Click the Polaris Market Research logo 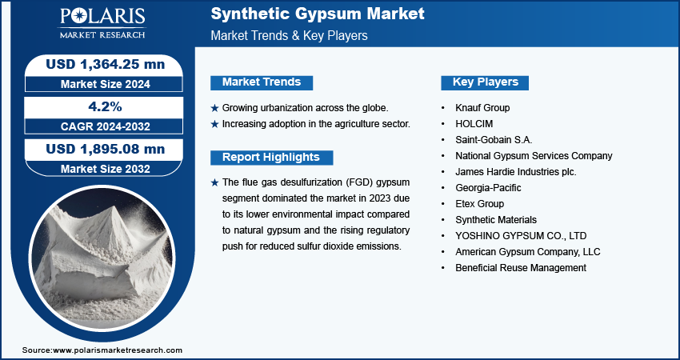pyautogui.click(x=102, y=22)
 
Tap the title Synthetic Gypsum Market pyautogui.click(x=318, y=14)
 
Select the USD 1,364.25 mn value pyautogui.click(x=106, y=64)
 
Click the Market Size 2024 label pyautogui.click(x=106, y=84)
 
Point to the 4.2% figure pyautogui.click(x=105, y=106)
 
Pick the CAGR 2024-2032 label pyautogui.click(x=106, y=126)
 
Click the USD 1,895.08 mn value pyautogui.click(x=106, y=149)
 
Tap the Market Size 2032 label pyautogui.click(x=106, y=169)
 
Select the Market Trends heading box pyautogui.click(x=262, y=82)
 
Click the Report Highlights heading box pyautogui.click(x=271, y=158)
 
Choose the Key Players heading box pyautogui.click(x=485, y=82)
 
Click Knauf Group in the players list pyautogui.click(x=482, y=107)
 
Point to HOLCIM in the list pyautogui.click(x=474, y=124)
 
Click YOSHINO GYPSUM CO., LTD pyautogui.click(x=521, y=236)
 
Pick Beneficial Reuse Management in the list pyautogui.click(x=521, y=268)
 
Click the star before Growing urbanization pyautogui.click(x=214, y=108)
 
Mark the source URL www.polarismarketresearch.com pyautogui.click(x=118, y=350)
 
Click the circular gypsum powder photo pyautogui.click(x=102, y=258)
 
